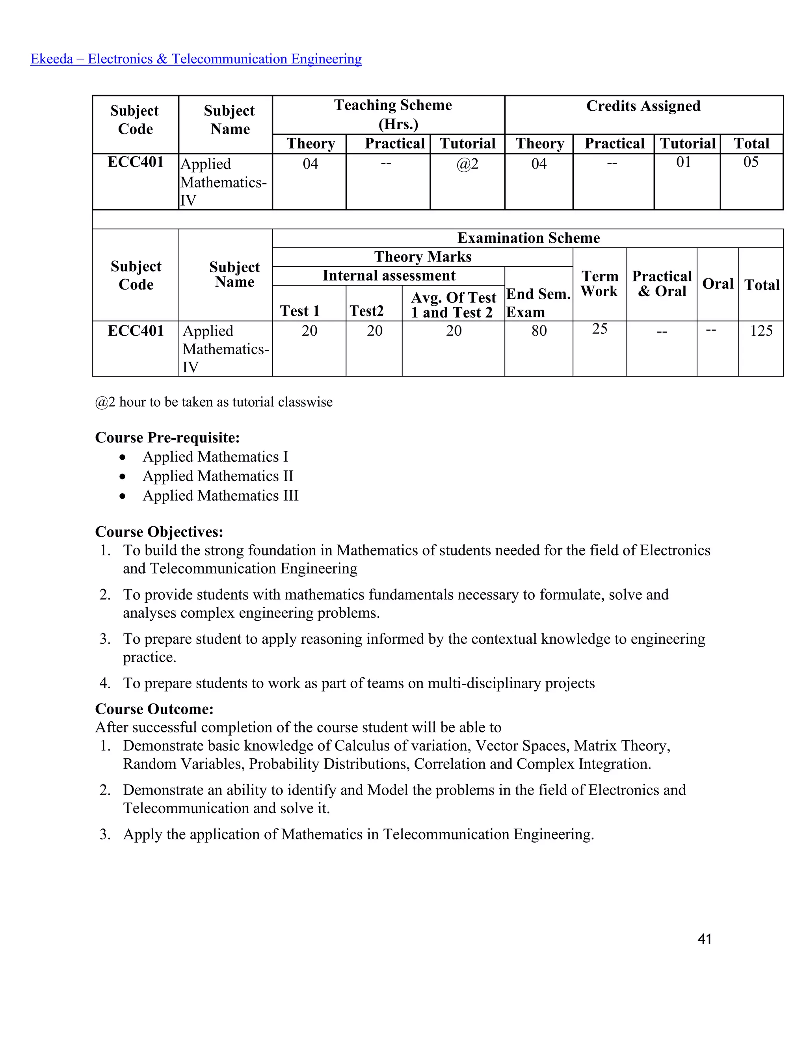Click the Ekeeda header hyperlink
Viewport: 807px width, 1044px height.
tap(196, 59)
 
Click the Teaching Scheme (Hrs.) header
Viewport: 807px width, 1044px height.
tap(393, 114)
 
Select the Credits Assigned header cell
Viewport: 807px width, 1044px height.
tap(643, 106)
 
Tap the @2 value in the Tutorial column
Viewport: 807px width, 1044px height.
tap(467, 164)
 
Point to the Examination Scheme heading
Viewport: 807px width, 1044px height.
tap(528, 238)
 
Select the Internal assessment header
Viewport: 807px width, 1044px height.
tap(389, 275)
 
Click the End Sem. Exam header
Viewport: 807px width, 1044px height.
tap(538, 303)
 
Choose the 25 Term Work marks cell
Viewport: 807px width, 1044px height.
tap(599, 329)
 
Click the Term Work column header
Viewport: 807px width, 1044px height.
tap(599, 284)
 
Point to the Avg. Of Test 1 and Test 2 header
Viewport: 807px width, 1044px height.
tap(453, 305)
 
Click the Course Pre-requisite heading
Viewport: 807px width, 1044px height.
tap(167, 437)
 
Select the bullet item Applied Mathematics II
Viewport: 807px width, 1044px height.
tap(218, 476)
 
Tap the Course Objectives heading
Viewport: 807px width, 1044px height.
tap(159, 531)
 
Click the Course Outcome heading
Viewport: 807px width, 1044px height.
tap(154, 708)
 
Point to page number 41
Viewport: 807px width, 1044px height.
tap(704, 939)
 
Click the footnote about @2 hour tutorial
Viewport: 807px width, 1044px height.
tap(214, 402)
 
